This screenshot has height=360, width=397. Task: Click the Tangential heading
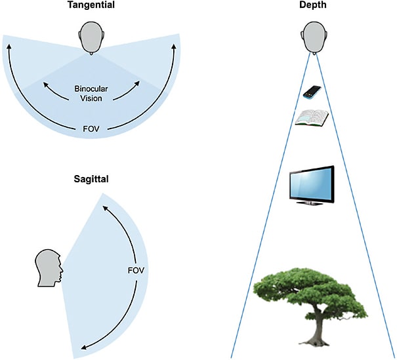93,6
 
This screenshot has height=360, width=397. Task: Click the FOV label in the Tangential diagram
93,125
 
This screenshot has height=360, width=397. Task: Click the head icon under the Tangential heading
93,37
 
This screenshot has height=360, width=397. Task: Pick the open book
312,118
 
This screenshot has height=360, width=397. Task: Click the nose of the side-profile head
62,270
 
